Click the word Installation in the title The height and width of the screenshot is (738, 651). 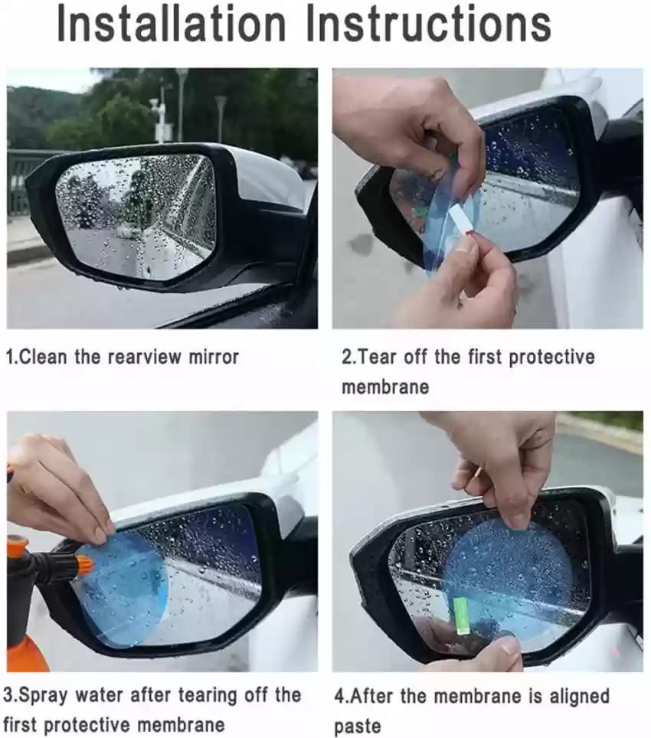[172, 24]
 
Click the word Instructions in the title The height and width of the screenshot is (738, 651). [428, 24]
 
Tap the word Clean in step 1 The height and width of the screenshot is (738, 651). [44, 357]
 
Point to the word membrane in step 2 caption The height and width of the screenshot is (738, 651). [385, 387]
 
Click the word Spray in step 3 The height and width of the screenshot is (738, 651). [44, 696]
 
